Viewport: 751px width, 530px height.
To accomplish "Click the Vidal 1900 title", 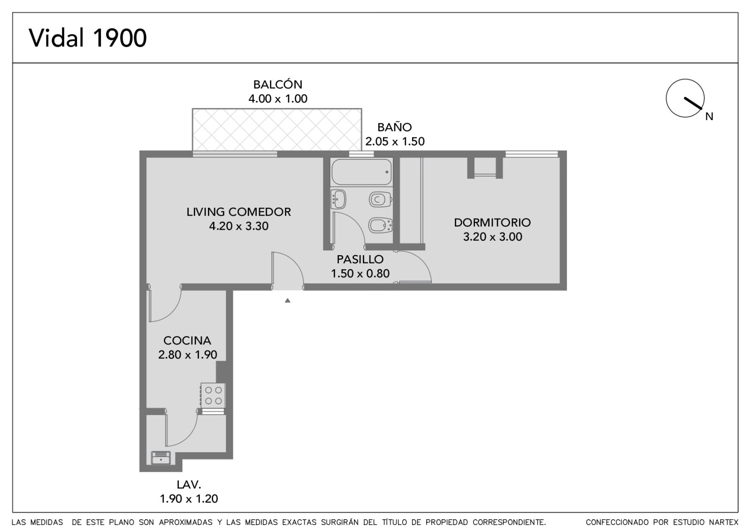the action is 88,38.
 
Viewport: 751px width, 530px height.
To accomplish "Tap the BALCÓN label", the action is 277,84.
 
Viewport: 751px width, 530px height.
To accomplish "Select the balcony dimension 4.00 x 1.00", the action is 277,98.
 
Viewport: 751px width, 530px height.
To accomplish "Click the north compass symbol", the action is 685,98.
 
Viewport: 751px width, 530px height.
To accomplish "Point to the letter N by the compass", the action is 709,116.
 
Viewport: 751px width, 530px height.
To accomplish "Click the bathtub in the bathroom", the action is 361,172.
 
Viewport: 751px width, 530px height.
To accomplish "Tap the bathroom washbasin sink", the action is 338,199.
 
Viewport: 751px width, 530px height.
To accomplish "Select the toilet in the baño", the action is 381,200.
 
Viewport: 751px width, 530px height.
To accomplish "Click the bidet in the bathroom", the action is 381,225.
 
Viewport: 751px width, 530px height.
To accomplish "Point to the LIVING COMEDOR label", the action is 239,212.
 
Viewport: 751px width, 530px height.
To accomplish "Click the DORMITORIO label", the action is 492,222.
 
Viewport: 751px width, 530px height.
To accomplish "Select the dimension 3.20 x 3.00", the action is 492,237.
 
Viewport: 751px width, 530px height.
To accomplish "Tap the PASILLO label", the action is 360,259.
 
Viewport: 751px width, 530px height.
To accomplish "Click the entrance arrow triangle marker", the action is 287,301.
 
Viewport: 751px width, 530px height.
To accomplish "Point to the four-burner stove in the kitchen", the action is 213,395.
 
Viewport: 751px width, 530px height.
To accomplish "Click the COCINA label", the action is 187,341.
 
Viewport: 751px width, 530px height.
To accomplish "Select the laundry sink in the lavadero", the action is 161,458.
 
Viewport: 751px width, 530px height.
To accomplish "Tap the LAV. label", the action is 189,485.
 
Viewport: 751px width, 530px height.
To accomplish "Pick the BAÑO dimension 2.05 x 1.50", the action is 395,141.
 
